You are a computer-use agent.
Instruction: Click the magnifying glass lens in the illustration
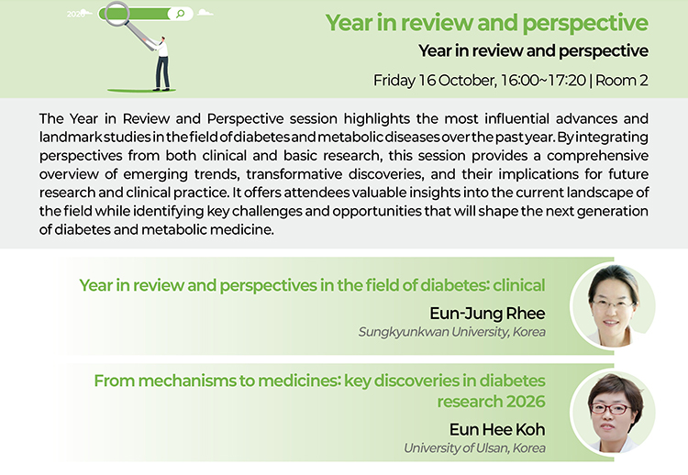(117, 13)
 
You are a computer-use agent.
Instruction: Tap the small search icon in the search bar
(180, 14)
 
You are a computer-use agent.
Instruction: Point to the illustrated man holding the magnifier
(161, 63)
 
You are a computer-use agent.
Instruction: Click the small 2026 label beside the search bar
(75, 14)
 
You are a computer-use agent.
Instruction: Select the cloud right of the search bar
(205, 13)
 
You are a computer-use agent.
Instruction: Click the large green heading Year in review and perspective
(486, 23)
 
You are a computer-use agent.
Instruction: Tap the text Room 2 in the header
(622, 81)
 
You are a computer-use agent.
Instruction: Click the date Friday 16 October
(435, 81)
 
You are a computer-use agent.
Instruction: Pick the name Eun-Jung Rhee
(487, 314)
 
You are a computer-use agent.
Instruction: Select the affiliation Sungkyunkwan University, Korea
(452, 332)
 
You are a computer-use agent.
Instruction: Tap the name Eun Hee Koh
(497, 429)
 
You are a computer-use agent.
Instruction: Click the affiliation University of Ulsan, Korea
(474, 448)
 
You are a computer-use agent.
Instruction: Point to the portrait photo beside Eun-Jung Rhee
(613, 305)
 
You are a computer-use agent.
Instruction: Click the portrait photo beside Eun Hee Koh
(613, 413)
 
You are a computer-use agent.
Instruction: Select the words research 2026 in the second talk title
(491, 402)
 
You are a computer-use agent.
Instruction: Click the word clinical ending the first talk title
(519, 285)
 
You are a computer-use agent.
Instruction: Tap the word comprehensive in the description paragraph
(597, 156)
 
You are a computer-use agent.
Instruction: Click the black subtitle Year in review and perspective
(533, 50)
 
